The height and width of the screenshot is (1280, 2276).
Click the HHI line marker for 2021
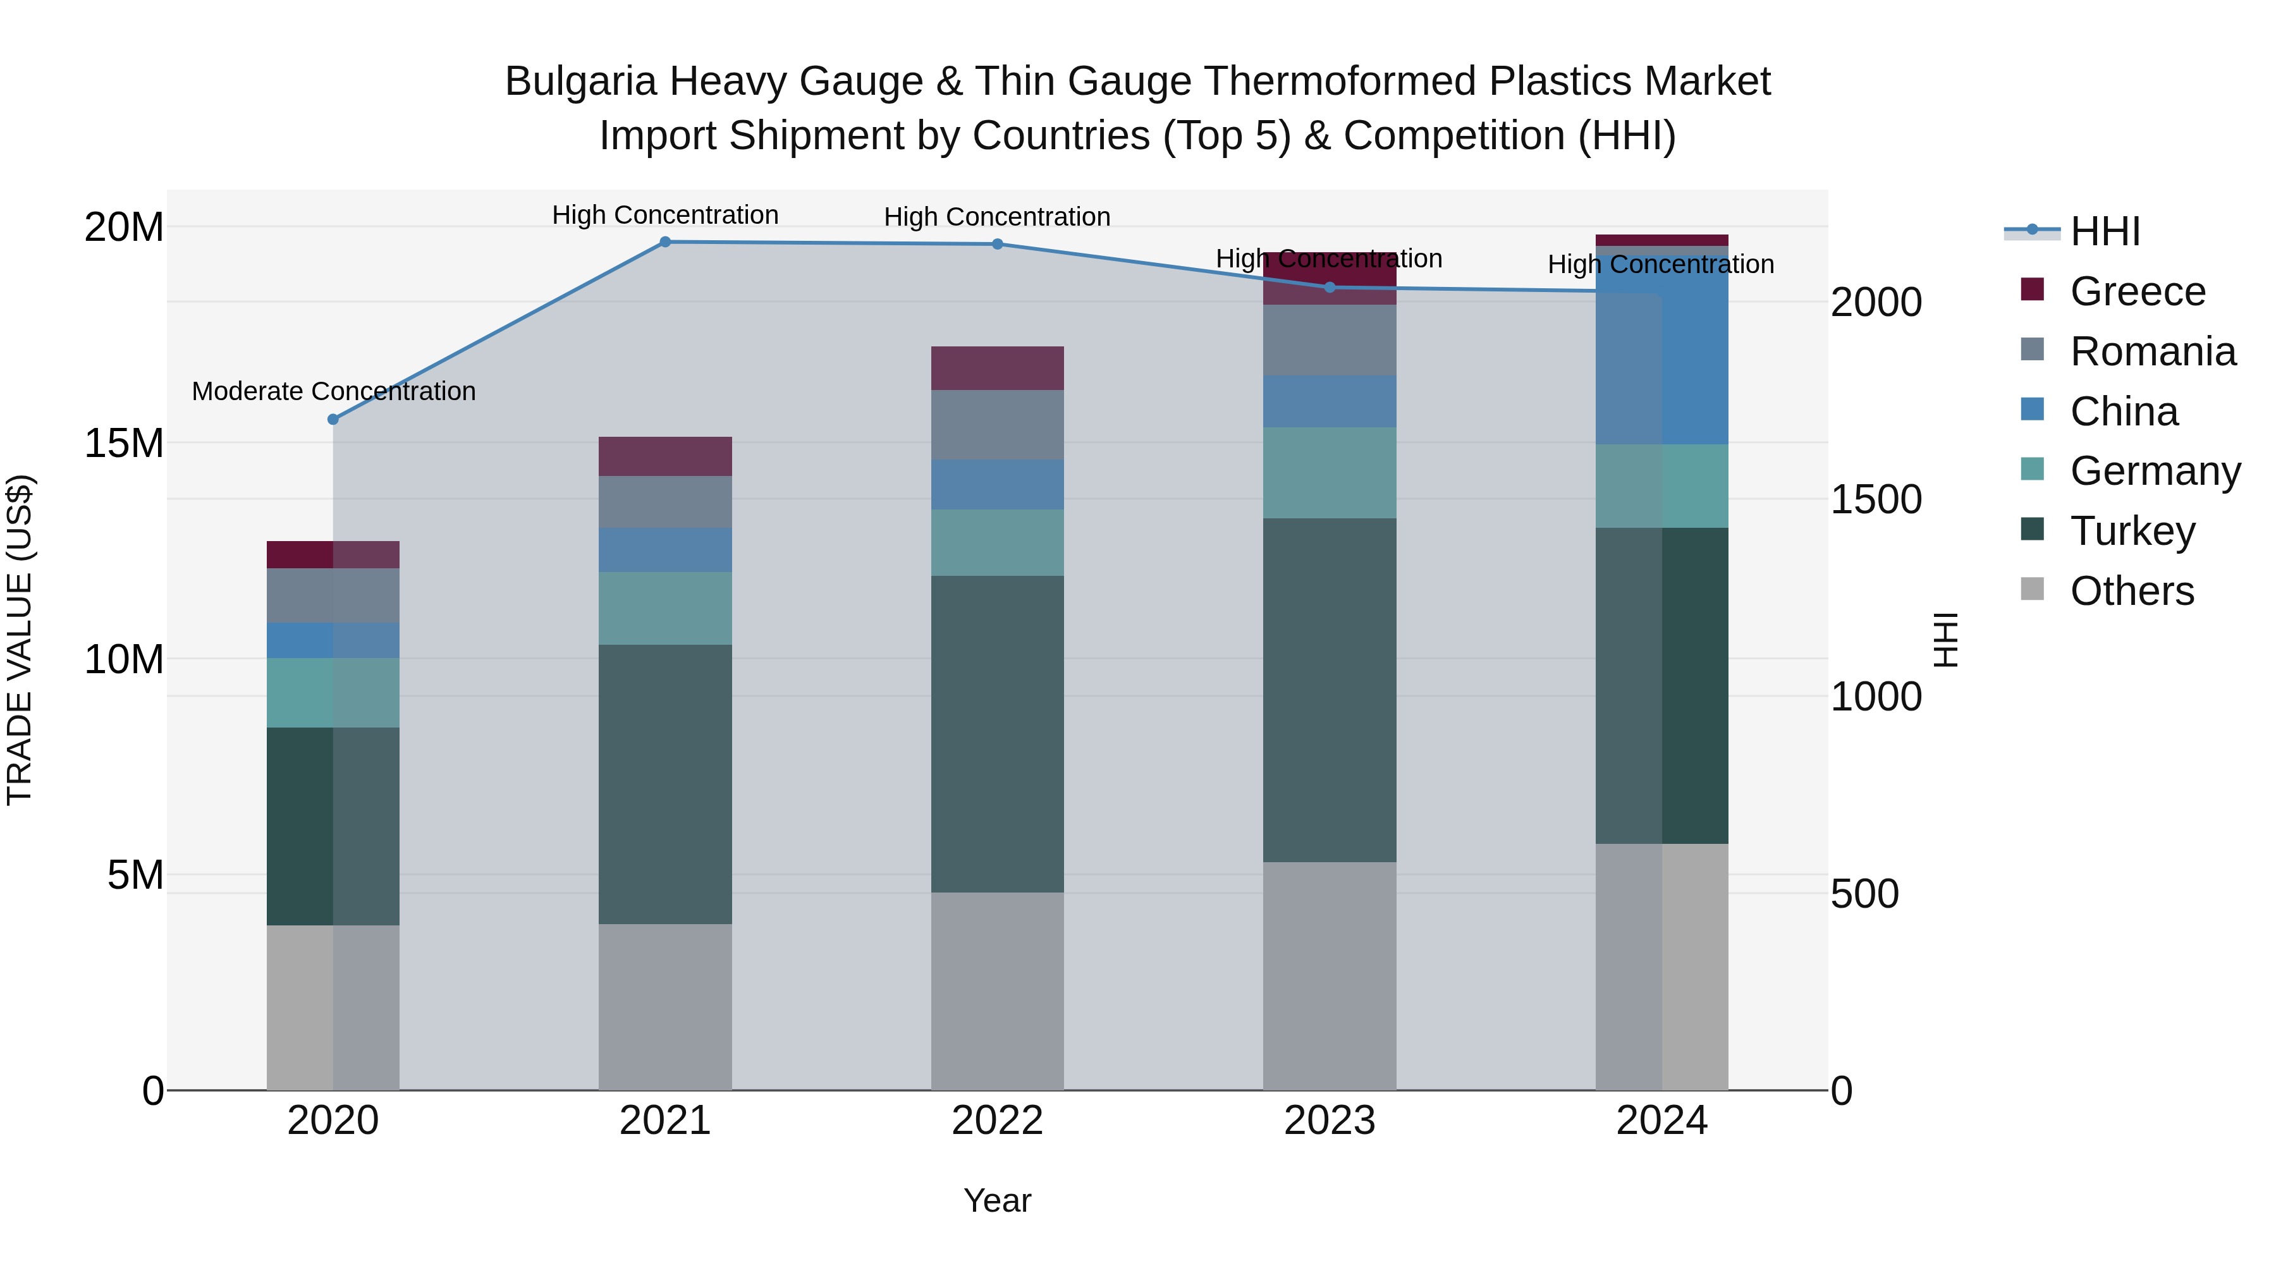pyautogui.click(x=665, y=242)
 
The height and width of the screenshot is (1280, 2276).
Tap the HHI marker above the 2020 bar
pyautogui.click(x=333, y=420)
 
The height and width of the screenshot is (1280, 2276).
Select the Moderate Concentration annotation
pyautogui.click(x=333, y=391)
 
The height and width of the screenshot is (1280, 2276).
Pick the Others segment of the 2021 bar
pyautogui.click(x=665, y=1007)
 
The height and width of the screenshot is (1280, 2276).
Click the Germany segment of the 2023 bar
pyautogui.click(x=1329, y=473)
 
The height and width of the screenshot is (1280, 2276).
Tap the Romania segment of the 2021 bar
pyautogui.click(x=665, y=502)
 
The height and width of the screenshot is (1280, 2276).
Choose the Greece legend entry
pyautogui.click(x=2138, y=291)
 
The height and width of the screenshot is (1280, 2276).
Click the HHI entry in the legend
pyautogui.click(x=2105, y=231)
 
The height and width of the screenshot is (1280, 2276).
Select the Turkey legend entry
pyautogui.click(x=2132, y=531)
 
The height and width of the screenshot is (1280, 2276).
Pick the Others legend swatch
pyautogui.click(x=2032, y=589)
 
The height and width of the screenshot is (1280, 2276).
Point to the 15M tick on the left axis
pyautogui.click(x=124, y=444)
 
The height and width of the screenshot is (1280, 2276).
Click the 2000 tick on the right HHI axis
pyautogui.click(x=1875, y=302)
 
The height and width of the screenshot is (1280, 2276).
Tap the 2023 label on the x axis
pyautogui.click(x=1329, y=1121)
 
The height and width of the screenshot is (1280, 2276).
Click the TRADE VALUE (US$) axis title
pyautogui.click(x=20, y=640)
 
